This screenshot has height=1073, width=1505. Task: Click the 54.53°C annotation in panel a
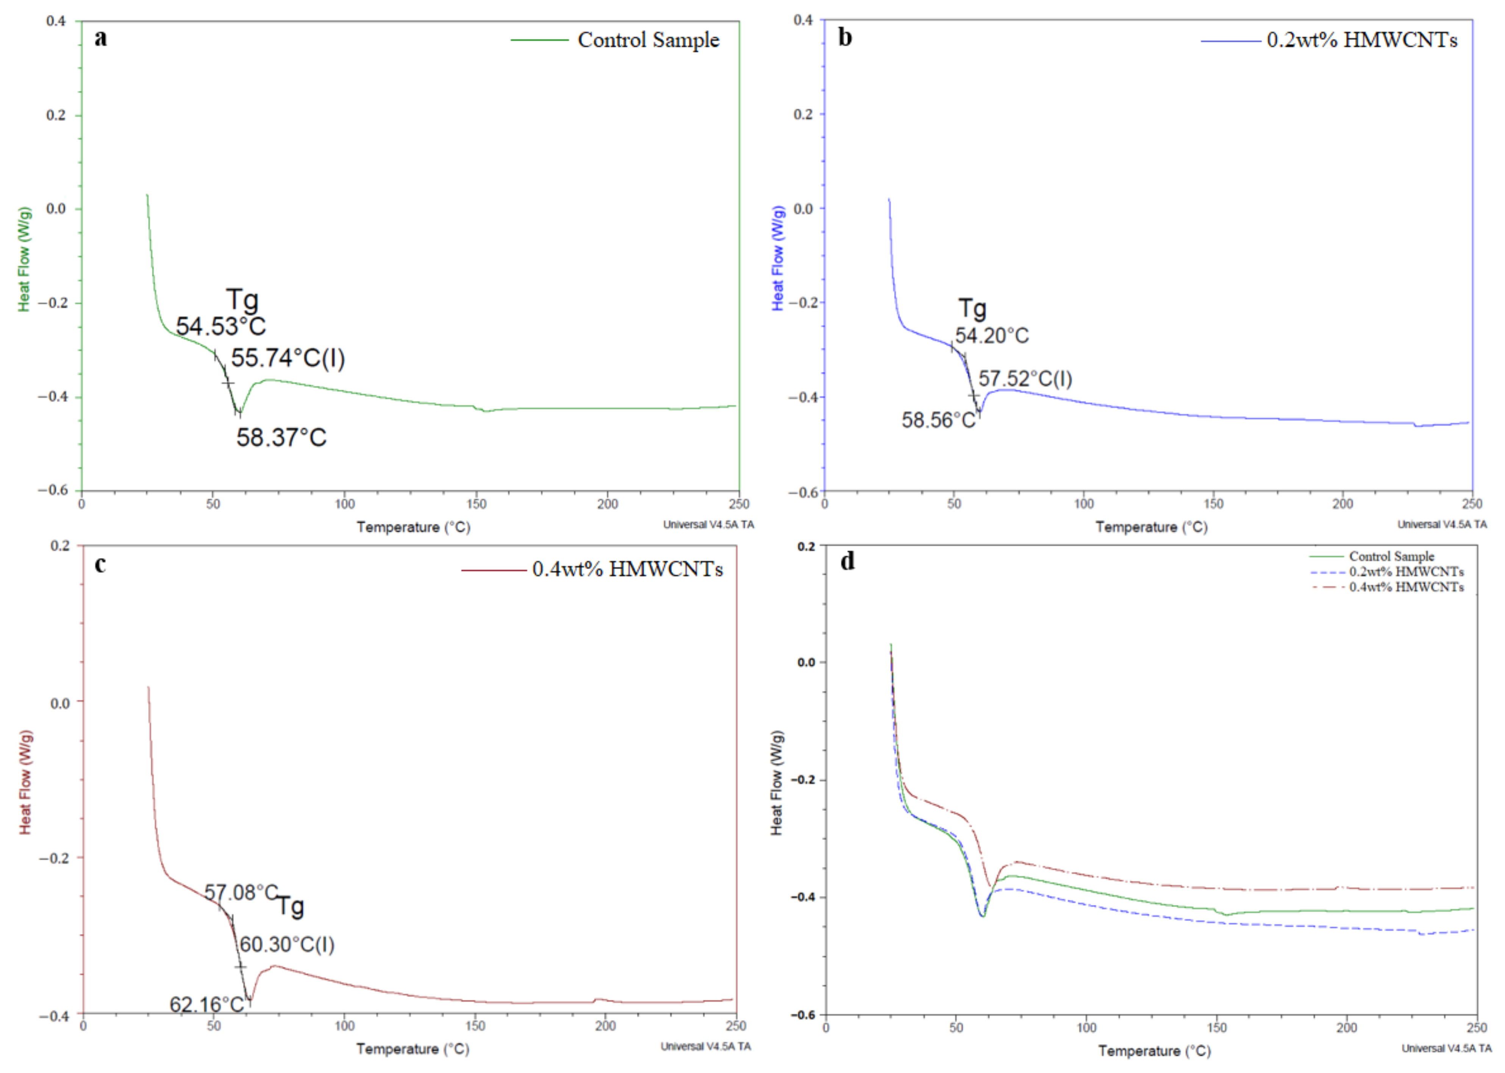[x=221, y=326]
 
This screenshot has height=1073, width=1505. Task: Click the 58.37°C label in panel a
[x=281, y=437]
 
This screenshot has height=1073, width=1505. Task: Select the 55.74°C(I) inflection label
[x=288, y=358]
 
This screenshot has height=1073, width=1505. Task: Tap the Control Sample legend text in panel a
[x=648, y=40]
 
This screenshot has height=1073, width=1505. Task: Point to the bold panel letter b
[x=845, y=37]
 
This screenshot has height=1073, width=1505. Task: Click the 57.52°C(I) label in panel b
[x=1025, y=379]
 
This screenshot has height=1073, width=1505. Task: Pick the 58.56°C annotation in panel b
[x=938, y=420]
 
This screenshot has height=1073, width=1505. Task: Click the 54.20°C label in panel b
[x=992, y=336]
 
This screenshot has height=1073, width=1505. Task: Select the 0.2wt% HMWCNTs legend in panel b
[x=1362, y=40]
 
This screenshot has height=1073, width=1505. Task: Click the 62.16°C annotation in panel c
[x=207, y=1005]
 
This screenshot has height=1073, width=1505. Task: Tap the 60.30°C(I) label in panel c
[x=287, y=945]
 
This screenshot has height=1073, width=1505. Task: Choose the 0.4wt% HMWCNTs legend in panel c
[x=627, y=570]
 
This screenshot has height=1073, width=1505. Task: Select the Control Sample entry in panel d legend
[x=1391, y=556]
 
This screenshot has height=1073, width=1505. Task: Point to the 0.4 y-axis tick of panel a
[x=56, y=21]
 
